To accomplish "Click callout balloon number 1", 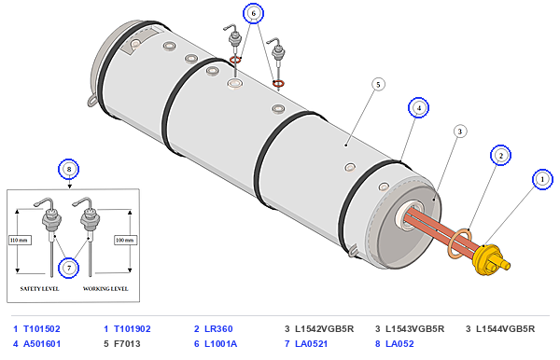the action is tap(542, 179).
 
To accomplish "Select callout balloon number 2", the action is tap(500, 156).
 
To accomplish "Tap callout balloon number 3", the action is tap(460, 132).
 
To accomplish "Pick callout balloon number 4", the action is tap(418, 107).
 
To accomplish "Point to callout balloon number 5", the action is tap(378, 85).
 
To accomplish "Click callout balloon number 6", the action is tap(253, 14).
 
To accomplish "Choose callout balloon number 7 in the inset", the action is tap(68, 268).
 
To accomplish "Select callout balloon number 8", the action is tap(68, 169).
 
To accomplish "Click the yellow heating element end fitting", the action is tap(490, 259).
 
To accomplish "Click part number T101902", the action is tap(133, 328).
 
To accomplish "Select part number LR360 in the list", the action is tap(218, 328).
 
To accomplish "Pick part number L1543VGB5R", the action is tap(414, 328).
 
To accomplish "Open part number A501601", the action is tap(42, 343).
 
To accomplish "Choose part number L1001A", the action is tap(220, 343).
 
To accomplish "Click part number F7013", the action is tap(127, 343).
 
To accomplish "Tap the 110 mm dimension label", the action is tap(20, 240).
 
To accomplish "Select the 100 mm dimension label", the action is tap(125, 240).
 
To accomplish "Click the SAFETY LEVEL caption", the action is tap(39, 288).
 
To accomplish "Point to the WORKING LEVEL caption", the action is tap(105, 288).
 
